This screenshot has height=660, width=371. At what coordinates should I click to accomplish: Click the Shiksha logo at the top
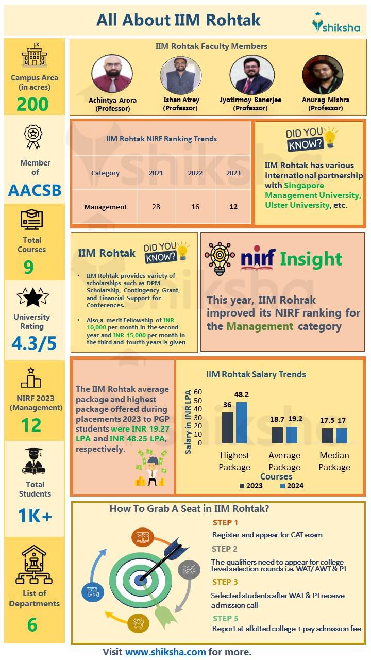(336, 23)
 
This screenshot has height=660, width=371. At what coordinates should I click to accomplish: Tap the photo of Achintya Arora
(112, 74)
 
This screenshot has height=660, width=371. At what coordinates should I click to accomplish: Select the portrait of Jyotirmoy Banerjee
(251, 74)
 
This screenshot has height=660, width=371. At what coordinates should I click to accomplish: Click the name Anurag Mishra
(325, 100)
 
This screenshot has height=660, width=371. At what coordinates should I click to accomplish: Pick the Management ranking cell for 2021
(156, 207)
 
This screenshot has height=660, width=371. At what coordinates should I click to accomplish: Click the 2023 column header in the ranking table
(233, 173)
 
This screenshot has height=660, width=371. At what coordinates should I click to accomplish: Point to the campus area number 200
(32, 104)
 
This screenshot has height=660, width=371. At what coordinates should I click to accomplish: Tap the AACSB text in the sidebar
(35, 190)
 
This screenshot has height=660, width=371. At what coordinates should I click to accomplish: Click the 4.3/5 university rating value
(35, 343)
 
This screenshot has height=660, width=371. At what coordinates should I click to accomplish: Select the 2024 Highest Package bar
(242, 422)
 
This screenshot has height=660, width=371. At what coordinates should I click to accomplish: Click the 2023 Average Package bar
(277, 435)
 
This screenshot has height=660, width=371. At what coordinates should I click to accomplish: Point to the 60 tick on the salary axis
(198, 392)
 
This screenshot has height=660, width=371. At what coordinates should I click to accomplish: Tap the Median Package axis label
(334, 461)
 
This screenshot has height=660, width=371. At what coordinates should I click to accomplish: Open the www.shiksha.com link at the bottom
(165, 652)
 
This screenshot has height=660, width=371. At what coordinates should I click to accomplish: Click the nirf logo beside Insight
(258, 258)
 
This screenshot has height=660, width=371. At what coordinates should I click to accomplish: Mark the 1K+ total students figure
(35, 516)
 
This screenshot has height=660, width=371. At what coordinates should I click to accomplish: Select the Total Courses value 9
(28, 267)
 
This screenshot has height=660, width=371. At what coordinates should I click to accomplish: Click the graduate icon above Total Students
(35, 460)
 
